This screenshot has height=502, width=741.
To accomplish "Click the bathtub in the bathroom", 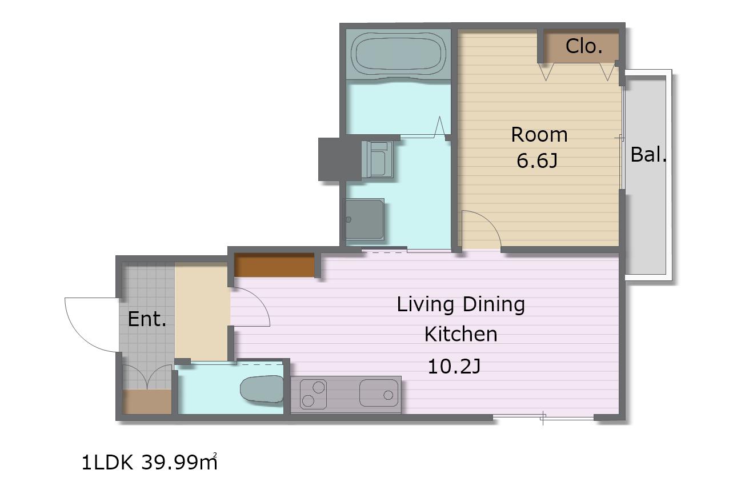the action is coord(398,54).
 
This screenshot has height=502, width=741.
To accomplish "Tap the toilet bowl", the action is coord(262,389).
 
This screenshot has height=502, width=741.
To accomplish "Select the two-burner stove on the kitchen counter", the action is coord(313,394).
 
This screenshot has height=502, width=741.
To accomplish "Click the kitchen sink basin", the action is coord(379,393).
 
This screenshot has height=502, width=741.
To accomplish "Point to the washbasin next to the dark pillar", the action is coord(377,159).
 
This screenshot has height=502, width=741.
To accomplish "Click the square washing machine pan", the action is coord(363,219).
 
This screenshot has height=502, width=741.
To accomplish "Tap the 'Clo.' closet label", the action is coord(584,46).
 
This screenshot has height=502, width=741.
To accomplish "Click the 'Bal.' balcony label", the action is coord(648,154).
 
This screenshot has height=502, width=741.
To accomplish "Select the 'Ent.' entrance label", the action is coord(147,319).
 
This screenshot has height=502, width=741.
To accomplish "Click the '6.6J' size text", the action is coord(537,161).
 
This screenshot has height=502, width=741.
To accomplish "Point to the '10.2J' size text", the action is coord(454,367).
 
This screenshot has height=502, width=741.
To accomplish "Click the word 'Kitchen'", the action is coord(461,334).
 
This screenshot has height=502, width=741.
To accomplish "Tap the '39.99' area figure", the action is coord(170,463).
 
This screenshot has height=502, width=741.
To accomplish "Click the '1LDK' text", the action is coord(107,463).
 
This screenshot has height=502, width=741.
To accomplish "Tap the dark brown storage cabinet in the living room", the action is coord(274,265).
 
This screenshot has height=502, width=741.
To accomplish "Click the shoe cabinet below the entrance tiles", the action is coord(147,401).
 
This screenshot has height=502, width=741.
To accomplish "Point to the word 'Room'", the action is coord(539,135).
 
